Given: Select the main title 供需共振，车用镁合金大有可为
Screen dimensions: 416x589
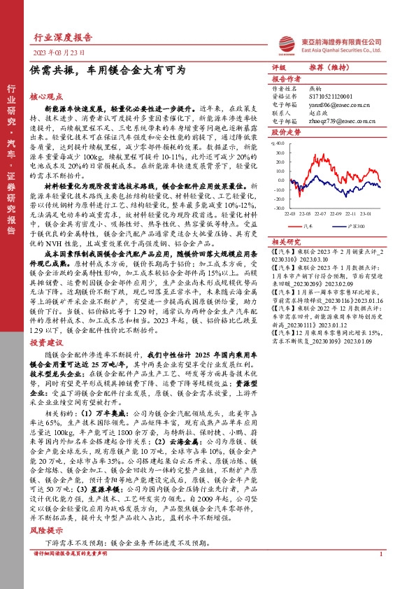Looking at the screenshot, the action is point(108,71).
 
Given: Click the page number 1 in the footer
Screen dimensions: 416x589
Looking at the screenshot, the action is point(380,574).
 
